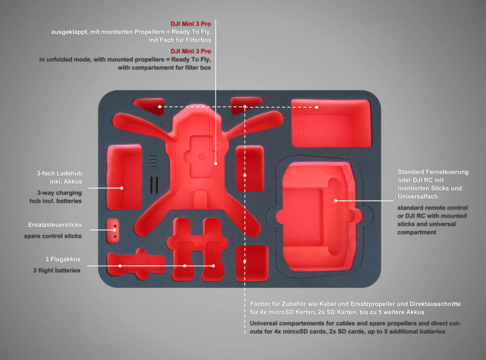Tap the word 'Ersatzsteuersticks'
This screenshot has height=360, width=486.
pyautogui.click(x=55, y=225)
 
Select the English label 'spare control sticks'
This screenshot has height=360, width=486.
pyautogui.click(x=53, y=236)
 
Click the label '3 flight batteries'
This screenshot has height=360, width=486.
pyautogui.click(x=56, y=270)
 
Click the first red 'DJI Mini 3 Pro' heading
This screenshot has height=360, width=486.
pyautogui.click(x=191, y=23)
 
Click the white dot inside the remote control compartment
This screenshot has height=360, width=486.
pyautogui.click(x=336, y=201)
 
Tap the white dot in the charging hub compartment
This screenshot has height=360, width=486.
pyautogui.click(x=121, y=188)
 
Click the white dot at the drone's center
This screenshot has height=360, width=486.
pyautogui.click(x=215, y=163)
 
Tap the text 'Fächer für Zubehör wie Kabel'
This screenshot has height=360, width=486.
pyautogui.click(x=294, y=304)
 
